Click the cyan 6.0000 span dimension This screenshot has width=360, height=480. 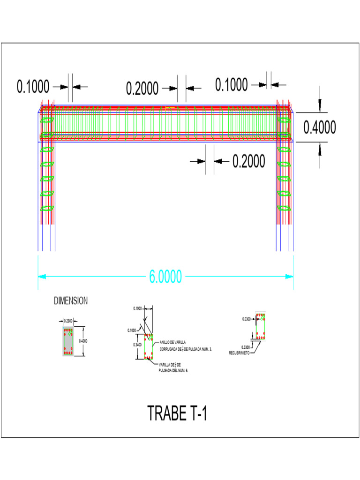(165, 277)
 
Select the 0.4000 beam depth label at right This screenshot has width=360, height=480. (320, 127)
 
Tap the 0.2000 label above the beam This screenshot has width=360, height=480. (142, 88)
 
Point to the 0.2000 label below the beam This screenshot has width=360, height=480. (248, 161)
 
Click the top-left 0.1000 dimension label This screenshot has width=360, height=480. (33, 87)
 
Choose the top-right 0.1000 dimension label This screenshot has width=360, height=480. (232, 85)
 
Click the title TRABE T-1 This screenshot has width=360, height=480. (177, 413)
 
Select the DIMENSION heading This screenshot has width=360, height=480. (71, 301)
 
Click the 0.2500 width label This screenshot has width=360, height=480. (68, 321)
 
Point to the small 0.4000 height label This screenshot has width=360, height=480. (83, 341)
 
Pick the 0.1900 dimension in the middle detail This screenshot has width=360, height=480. (138, 308)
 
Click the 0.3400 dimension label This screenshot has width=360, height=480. (138, 345)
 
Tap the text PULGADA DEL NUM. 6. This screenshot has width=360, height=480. (173, 370)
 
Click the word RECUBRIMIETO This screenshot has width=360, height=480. (239, 352)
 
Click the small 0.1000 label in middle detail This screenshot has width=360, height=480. (132, 330)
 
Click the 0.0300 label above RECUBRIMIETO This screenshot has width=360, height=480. (246, 347)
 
